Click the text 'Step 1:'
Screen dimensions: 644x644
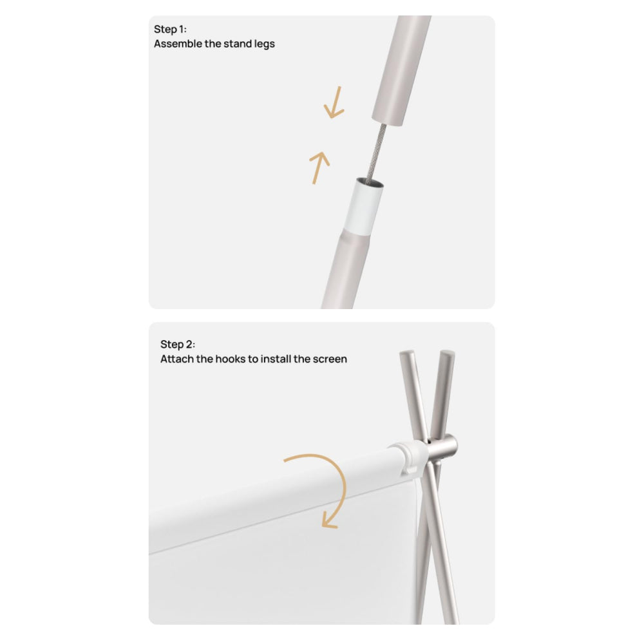[170, 30]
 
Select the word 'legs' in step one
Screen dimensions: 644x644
[265, 44]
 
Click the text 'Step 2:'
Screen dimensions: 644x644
[178, 344]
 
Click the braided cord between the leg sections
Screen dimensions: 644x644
[377, 151]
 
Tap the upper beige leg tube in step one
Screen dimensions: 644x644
[400, 70]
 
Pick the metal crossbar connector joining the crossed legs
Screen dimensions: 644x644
[442, 448]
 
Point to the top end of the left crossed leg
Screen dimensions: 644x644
[406, 353]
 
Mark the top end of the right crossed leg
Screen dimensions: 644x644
[448, 353]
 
